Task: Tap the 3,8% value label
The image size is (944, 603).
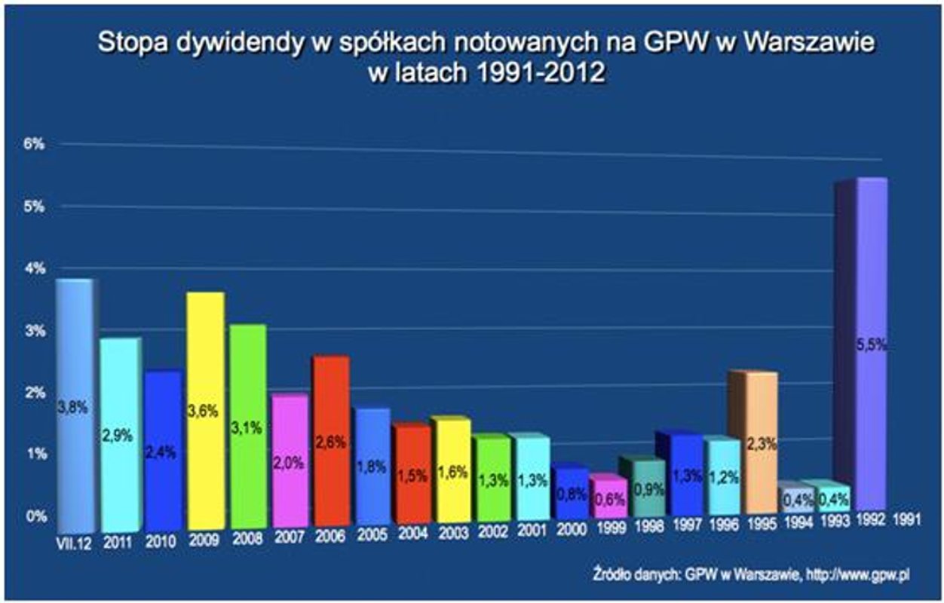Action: pos(73,408)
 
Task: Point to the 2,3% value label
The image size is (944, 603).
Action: pos(762,444)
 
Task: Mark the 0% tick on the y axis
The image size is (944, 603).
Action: pos(37,517)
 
